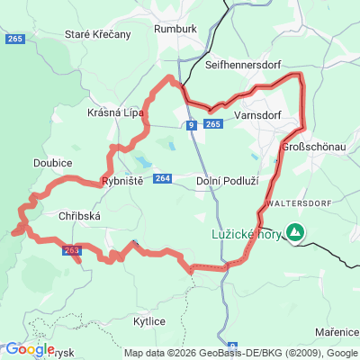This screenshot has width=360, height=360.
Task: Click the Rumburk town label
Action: click(175, 28)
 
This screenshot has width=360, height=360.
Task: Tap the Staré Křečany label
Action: click(98, 34)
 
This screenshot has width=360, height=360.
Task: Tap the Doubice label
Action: click(52, 162)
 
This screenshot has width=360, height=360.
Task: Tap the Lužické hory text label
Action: click(239, 232)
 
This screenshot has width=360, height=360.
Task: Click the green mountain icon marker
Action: click(294, 233)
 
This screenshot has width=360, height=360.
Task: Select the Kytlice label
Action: click(148, 321)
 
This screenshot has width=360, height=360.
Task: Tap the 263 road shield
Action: click(72, 250)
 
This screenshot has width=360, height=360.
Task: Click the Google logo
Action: click(29, 349)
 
